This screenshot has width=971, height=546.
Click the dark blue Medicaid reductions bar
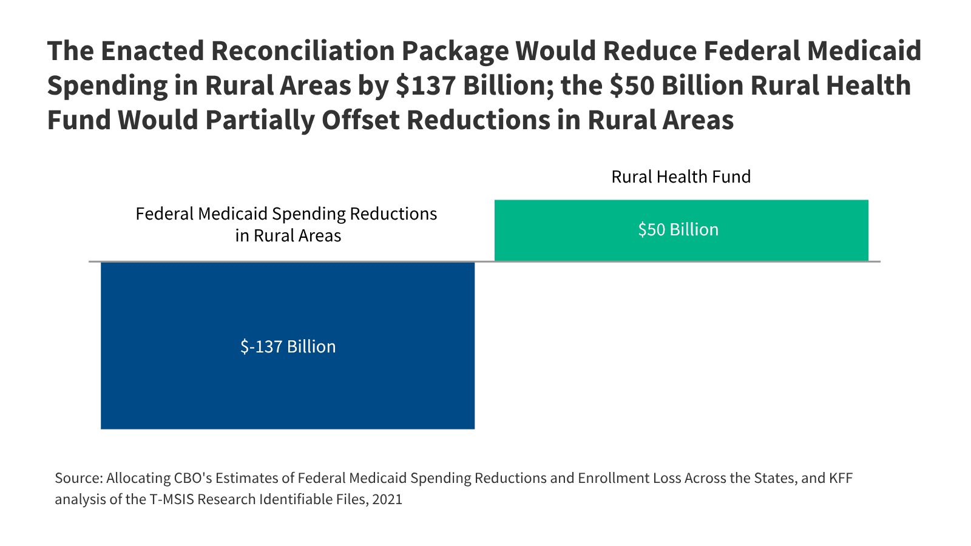point(288,388)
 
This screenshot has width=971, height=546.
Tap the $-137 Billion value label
point(288,346)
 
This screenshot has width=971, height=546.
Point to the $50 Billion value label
point(678,229)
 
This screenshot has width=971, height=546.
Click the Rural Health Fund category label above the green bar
point(681,177)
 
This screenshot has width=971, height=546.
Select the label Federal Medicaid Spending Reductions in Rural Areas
point(286,224)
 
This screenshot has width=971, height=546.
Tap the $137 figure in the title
point(425,86)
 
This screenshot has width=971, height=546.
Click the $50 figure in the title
point(632,86)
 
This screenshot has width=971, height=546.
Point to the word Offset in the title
point(360,120)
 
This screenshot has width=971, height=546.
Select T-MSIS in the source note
point(172,500)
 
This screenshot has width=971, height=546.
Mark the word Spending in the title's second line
point(107,86)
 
